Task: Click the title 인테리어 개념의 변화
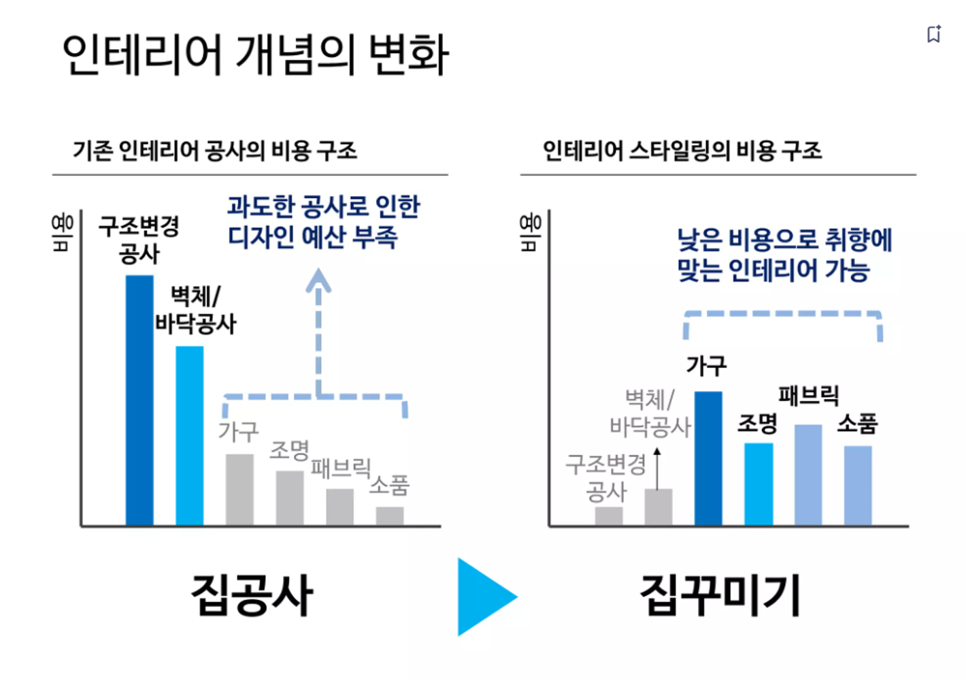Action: [255, 54]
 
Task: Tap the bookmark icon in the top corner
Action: [934, 34]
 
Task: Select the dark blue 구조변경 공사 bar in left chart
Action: [139, 400]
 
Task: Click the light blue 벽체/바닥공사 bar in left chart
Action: [190, 436]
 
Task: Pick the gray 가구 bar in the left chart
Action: [239, 490]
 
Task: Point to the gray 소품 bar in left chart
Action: [390, 516]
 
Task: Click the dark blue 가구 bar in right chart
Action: [708, 458]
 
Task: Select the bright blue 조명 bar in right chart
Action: [759, 484]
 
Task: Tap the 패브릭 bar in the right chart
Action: [808, 475]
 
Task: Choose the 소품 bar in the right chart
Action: [858, 486]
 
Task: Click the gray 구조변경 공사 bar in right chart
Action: [609, 516]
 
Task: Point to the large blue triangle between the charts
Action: [484, 597]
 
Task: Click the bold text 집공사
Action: [252, 595]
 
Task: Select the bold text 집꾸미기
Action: [720, 595]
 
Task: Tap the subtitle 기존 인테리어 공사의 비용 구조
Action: [215, 151]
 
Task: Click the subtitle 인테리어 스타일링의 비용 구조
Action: [682, 151]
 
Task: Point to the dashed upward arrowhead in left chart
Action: [318, 279]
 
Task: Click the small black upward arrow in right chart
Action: [657, 454]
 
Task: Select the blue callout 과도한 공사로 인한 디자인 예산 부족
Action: [323, 221]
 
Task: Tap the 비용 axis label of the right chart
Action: [531, 232]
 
